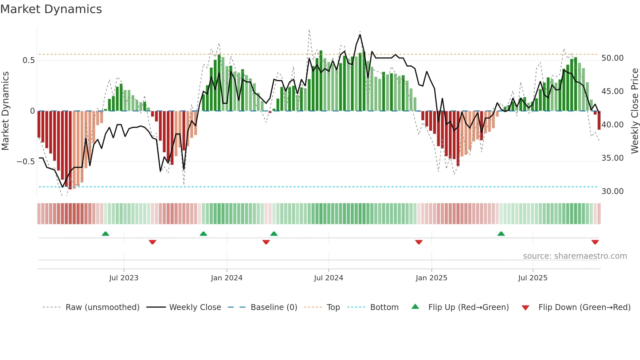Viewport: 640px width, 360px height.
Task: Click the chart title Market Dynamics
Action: tap(51, 9)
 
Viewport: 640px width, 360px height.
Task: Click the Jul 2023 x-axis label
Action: tap(124, 278)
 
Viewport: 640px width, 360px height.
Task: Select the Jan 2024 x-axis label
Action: tap(227, 278)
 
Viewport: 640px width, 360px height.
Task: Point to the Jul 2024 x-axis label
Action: tap(328, 278)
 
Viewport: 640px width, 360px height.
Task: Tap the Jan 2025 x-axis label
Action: tap(431, 278)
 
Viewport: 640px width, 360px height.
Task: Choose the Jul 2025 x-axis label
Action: tap(533, 278)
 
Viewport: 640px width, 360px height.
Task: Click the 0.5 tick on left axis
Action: tap(28, 60)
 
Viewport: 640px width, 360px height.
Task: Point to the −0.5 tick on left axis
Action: tap(25, 162)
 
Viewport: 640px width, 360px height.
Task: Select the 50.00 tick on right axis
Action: tap(613, 58)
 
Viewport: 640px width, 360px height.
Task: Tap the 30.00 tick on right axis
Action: tap(613, 191)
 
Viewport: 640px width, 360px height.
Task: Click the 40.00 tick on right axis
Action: tap(613, 125)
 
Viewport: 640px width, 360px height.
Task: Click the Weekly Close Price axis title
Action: tap(634, 111)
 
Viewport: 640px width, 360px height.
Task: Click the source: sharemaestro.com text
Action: tap(575, 256)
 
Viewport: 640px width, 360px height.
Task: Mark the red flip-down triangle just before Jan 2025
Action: tap(419, 242)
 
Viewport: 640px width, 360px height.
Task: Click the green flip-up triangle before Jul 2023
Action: tap(105, 234)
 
